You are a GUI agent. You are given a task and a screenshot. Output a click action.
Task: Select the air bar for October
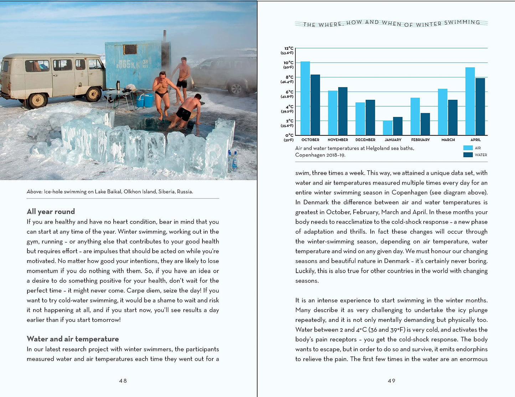(305, 98)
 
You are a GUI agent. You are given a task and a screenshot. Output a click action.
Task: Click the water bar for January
(398, 126)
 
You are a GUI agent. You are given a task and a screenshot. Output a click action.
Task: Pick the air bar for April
(470, 101)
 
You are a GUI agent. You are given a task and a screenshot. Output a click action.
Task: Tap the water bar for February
(425, 124)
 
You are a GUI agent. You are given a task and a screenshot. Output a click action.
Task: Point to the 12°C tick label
(289, 48)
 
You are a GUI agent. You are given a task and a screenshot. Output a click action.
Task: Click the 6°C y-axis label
(289, 92)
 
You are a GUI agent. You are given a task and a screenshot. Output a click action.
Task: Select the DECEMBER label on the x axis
(365, 140)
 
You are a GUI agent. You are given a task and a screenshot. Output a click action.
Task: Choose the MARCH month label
(448, 140)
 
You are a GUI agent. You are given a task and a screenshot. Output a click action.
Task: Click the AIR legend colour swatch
(468, 148)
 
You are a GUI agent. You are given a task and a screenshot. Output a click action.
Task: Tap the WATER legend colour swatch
(468, 155)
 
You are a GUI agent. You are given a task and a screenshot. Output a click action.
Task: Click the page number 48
(123, 381)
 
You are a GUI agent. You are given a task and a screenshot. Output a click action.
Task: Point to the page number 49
(391, 381)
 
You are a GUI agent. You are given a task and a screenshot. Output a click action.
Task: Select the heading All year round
(51, 211)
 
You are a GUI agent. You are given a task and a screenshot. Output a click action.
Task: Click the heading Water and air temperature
(73, 339)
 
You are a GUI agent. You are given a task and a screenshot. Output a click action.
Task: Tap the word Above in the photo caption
(34, 192)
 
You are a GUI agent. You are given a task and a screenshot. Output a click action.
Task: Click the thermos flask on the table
(118, 85)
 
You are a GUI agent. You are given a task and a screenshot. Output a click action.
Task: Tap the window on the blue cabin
(130, 49)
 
